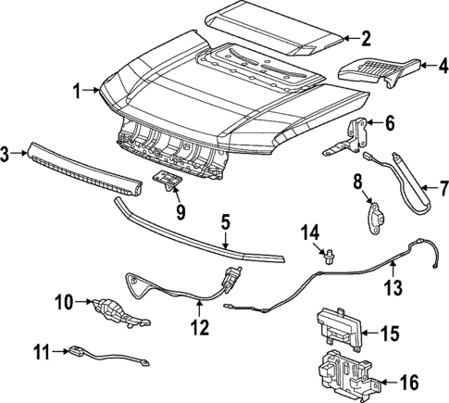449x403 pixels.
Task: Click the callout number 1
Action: (x=78, y=90)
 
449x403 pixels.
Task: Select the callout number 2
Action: (x=366, y=38)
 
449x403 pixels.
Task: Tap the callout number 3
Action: (x=7, y=154)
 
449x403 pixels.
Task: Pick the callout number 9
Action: (x=180, y=212)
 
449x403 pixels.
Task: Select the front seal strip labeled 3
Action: (x=83, y=167)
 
